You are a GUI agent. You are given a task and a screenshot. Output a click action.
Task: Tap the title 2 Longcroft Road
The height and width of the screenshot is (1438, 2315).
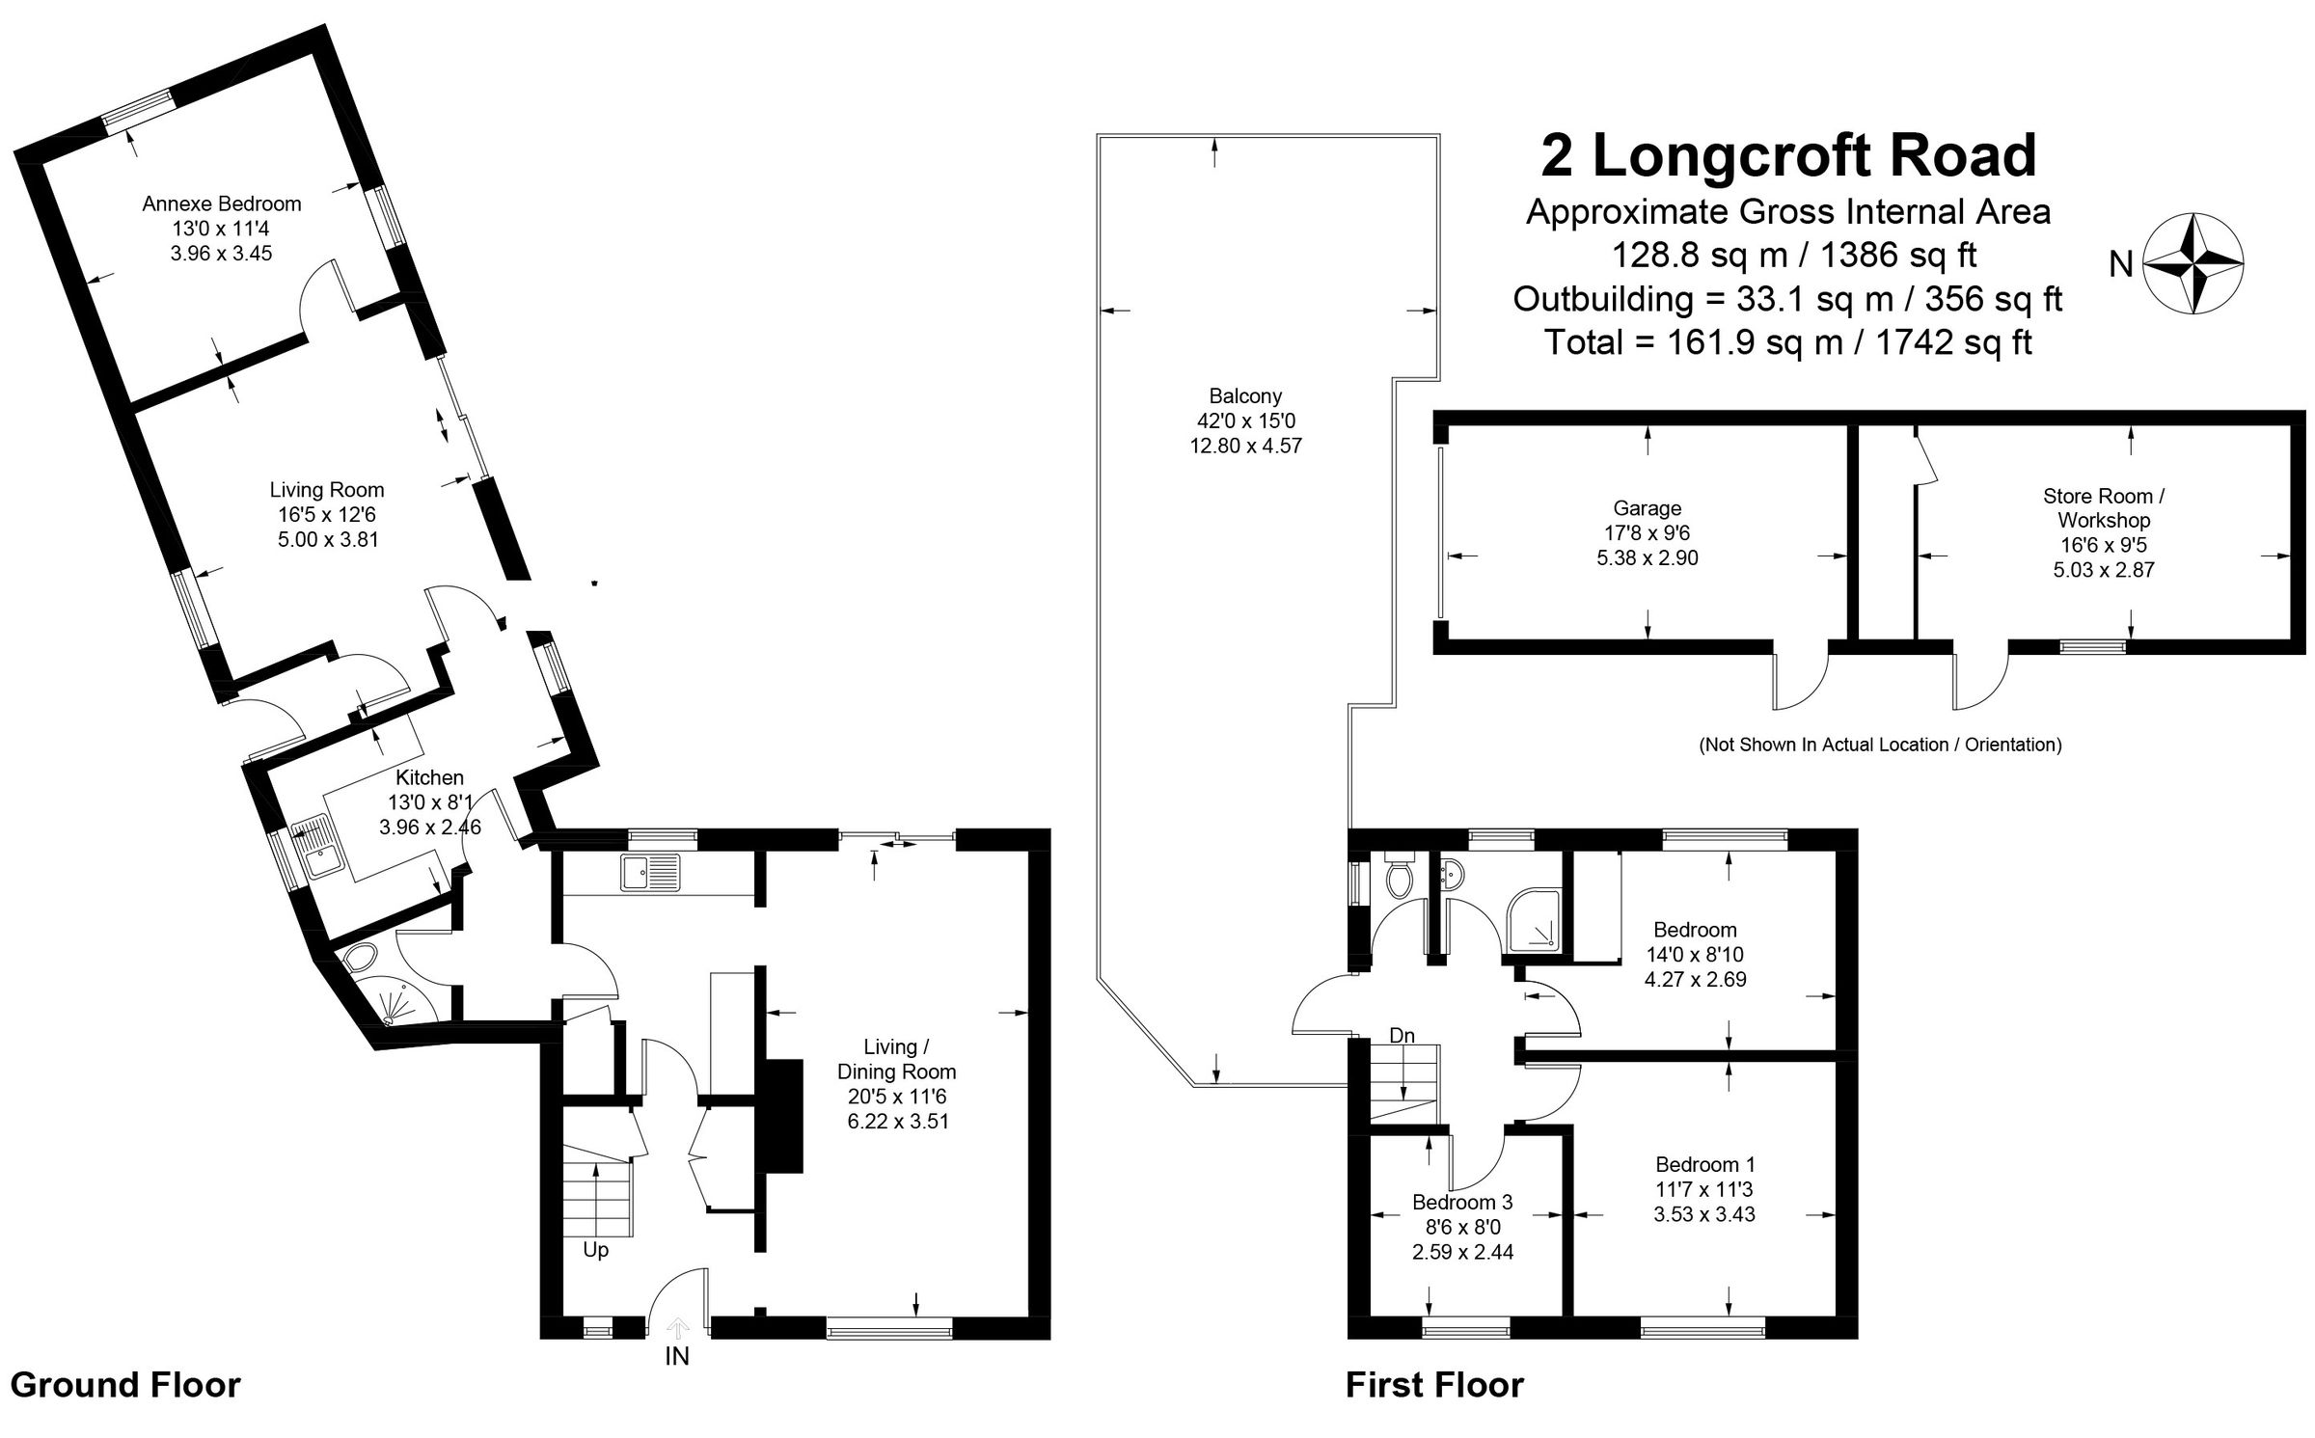click(x=1787, y=155)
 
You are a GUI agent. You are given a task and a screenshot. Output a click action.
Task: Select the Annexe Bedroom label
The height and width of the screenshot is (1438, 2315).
click(x=222, y=203)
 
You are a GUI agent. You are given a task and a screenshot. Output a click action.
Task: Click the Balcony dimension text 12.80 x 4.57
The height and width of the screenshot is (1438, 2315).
click(x=1245, y=446)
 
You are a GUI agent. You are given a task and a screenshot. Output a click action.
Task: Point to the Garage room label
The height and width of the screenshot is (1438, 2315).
click(x=1647, y=508)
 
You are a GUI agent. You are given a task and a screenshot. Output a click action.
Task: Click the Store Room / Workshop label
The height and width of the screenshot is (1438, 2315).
click(x=2104, y=507)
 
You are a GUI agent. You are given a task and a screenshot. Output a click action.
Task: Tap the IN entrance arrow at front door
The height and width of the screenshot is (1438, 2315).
click(x=677, y=1330)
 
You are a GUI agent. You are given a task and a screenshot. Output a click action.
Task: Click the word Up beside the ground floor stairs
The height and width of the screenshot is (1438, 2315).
click(x=596, y=1250)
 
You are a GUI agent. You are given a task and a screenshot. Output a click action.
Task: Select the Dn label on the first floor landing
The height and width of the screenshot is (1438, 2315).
click(x=1402, y=1035)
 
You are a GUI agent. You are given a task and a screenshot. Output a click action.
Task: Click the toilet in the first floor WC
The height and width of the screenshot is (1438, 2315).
click(x=1398, y=878)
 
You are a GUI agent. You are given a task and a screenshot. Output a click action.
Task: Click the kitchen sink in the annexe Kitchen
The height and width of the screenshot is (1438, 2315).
click(x=314, y=847)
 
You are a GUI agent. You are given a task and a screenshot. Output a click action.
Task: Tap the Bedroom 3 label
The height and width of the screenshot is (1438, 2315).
click(x=1462, y=1202)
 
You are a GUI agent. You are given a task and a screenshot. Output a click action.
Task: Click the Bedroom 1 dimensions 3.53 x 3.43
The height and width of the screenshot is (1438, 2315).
click(x=1704, y=1214)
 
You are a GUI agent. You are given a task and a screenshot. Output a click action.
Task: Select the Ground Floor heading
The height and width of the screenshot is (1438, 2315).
click(x=125, y=1385)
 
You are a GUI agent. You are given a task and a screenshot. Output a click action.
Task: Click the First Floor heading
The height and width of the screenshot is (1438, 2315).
click(x=1434, y=1385)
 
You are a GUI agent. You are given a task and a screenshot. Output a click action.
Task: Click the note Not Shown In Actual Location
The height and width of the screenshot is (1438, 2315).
click(x=1880, y=745)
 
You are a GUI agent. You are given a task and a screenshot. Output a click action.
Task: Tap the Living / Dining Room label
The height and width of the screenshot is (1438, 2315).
click(x=896, y=1059)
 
